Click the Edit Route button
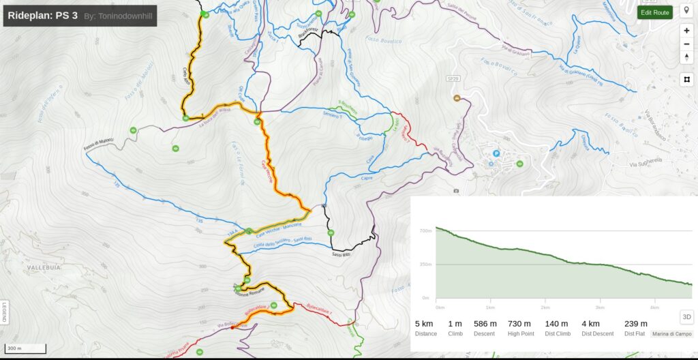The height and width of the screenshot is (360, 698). [x=655, y=12]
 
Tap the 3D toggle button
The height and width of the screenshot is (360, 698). [x=687, y=316]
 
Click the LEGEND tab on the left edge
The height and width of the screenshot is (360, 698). [x=4, y=312]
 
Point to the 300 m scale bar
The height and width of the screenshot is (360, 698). [x=26, y=348]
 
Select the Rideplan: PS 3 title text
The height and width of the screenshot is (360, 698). [x=42, y=14]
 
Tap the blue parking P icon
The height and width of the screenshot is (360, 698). [x=496, y=153]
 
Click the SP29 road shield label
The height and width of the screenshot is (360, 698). [x=453, y=79]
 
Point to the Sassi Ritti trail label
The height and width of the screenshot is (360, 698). [x=341, y=254]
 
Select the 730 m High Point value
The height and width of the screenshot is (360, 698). [x=519, y=323]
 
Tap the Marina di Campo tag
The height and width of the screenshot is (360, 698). [x=671, y=334]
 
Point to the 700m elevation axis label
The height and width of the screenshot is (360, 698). [x=426, y=231]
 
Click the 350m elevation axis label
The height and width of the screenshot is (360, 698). [x=426, y=264]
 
